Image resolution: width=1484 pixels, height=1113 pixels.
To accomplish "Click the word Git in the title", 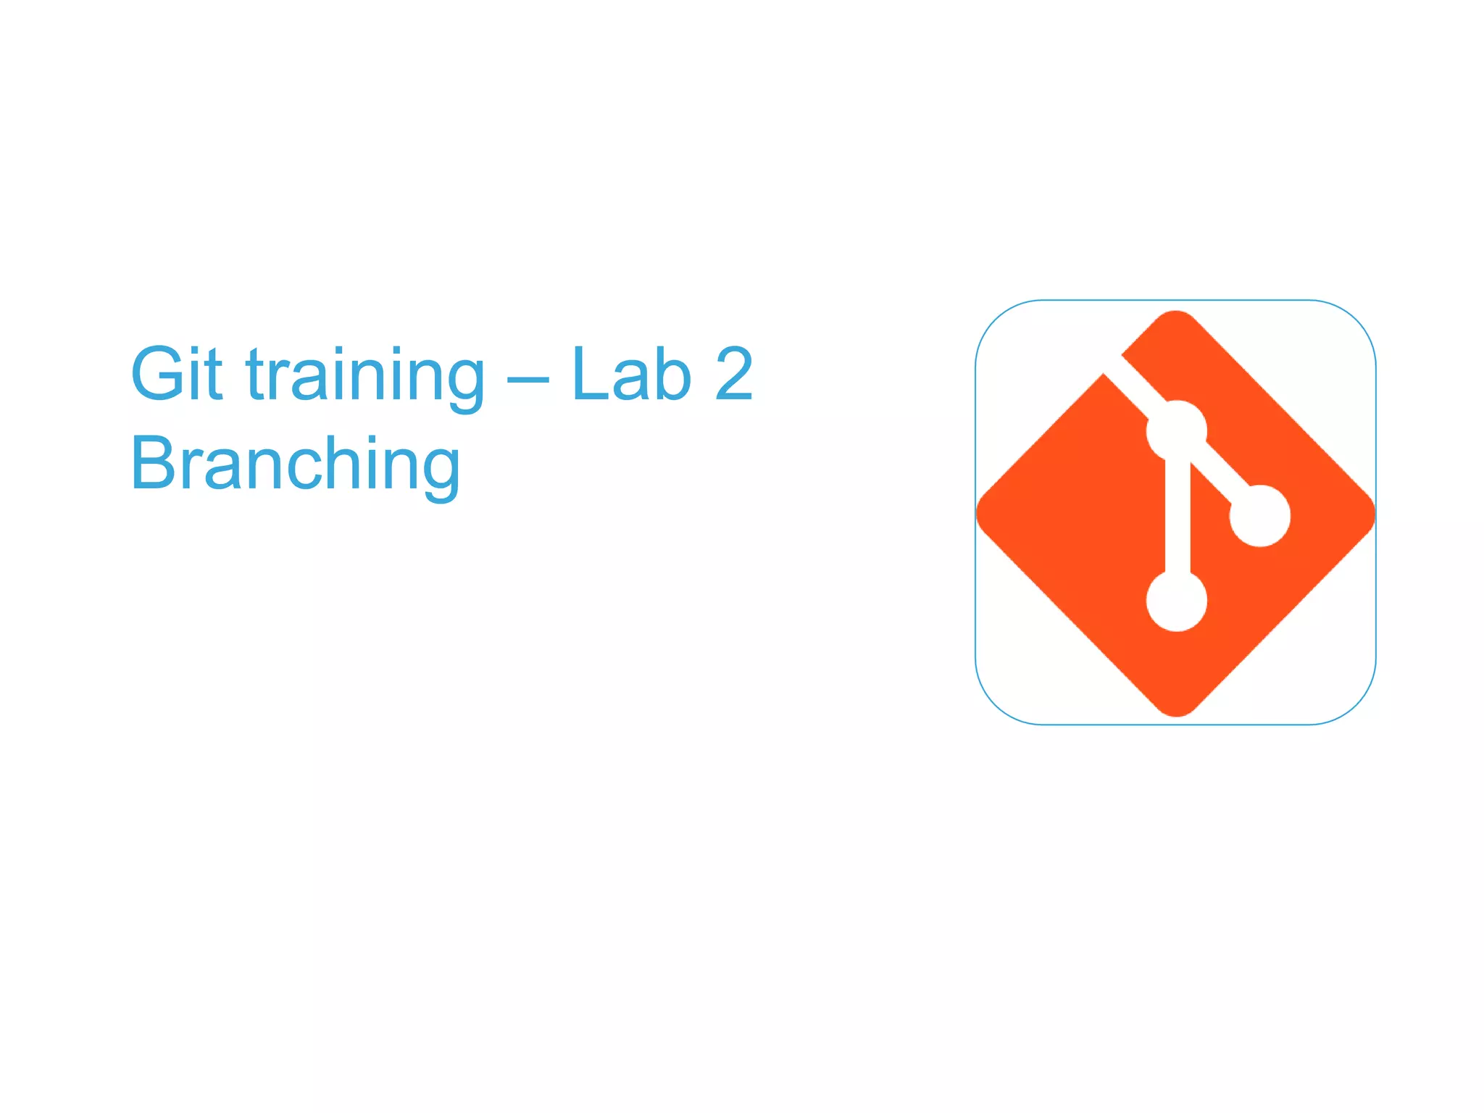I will point(176,374).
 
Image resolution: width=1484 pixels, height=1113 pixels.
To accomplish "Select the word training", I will point(364,377).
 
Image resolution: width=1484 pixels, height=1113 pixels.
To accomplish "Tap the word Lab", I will point(631,374).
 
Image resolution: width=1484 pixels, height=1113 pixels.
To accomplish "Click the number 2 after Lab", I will point(733,374).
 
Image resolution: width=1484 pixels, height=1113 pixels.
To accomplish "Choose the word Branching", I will point(295,465).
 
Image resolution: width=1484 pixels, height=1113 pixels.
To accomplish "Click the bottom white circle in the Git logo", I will point(1176,601).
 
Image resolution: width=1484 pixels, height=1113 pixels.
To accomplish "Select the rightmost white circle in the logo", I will point(1260,515).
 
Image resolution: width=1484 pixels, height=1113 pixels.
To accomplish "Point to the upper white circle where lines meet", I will point(1176,430).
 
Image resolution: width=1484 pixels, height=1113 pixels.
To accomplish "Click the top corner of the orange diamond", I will point(1175,314).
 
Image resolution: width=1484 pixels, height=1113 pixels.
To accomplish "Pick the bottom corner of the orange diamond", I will point(1176,713).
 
